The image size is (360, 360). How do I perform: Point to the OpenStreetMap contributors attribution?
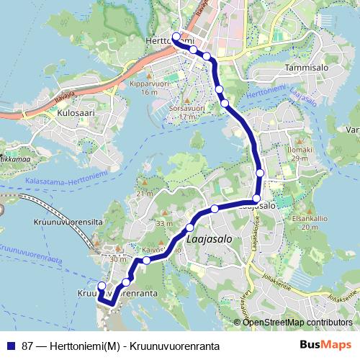coord(292,322)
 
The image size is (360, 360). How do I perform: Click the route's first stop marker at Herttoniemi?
coord(176,37)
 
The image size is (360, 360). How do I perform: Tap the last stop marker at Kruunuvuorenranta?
coord(102,287)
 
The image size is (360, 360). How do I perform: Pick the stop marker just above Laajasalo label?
coord(190,227)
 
